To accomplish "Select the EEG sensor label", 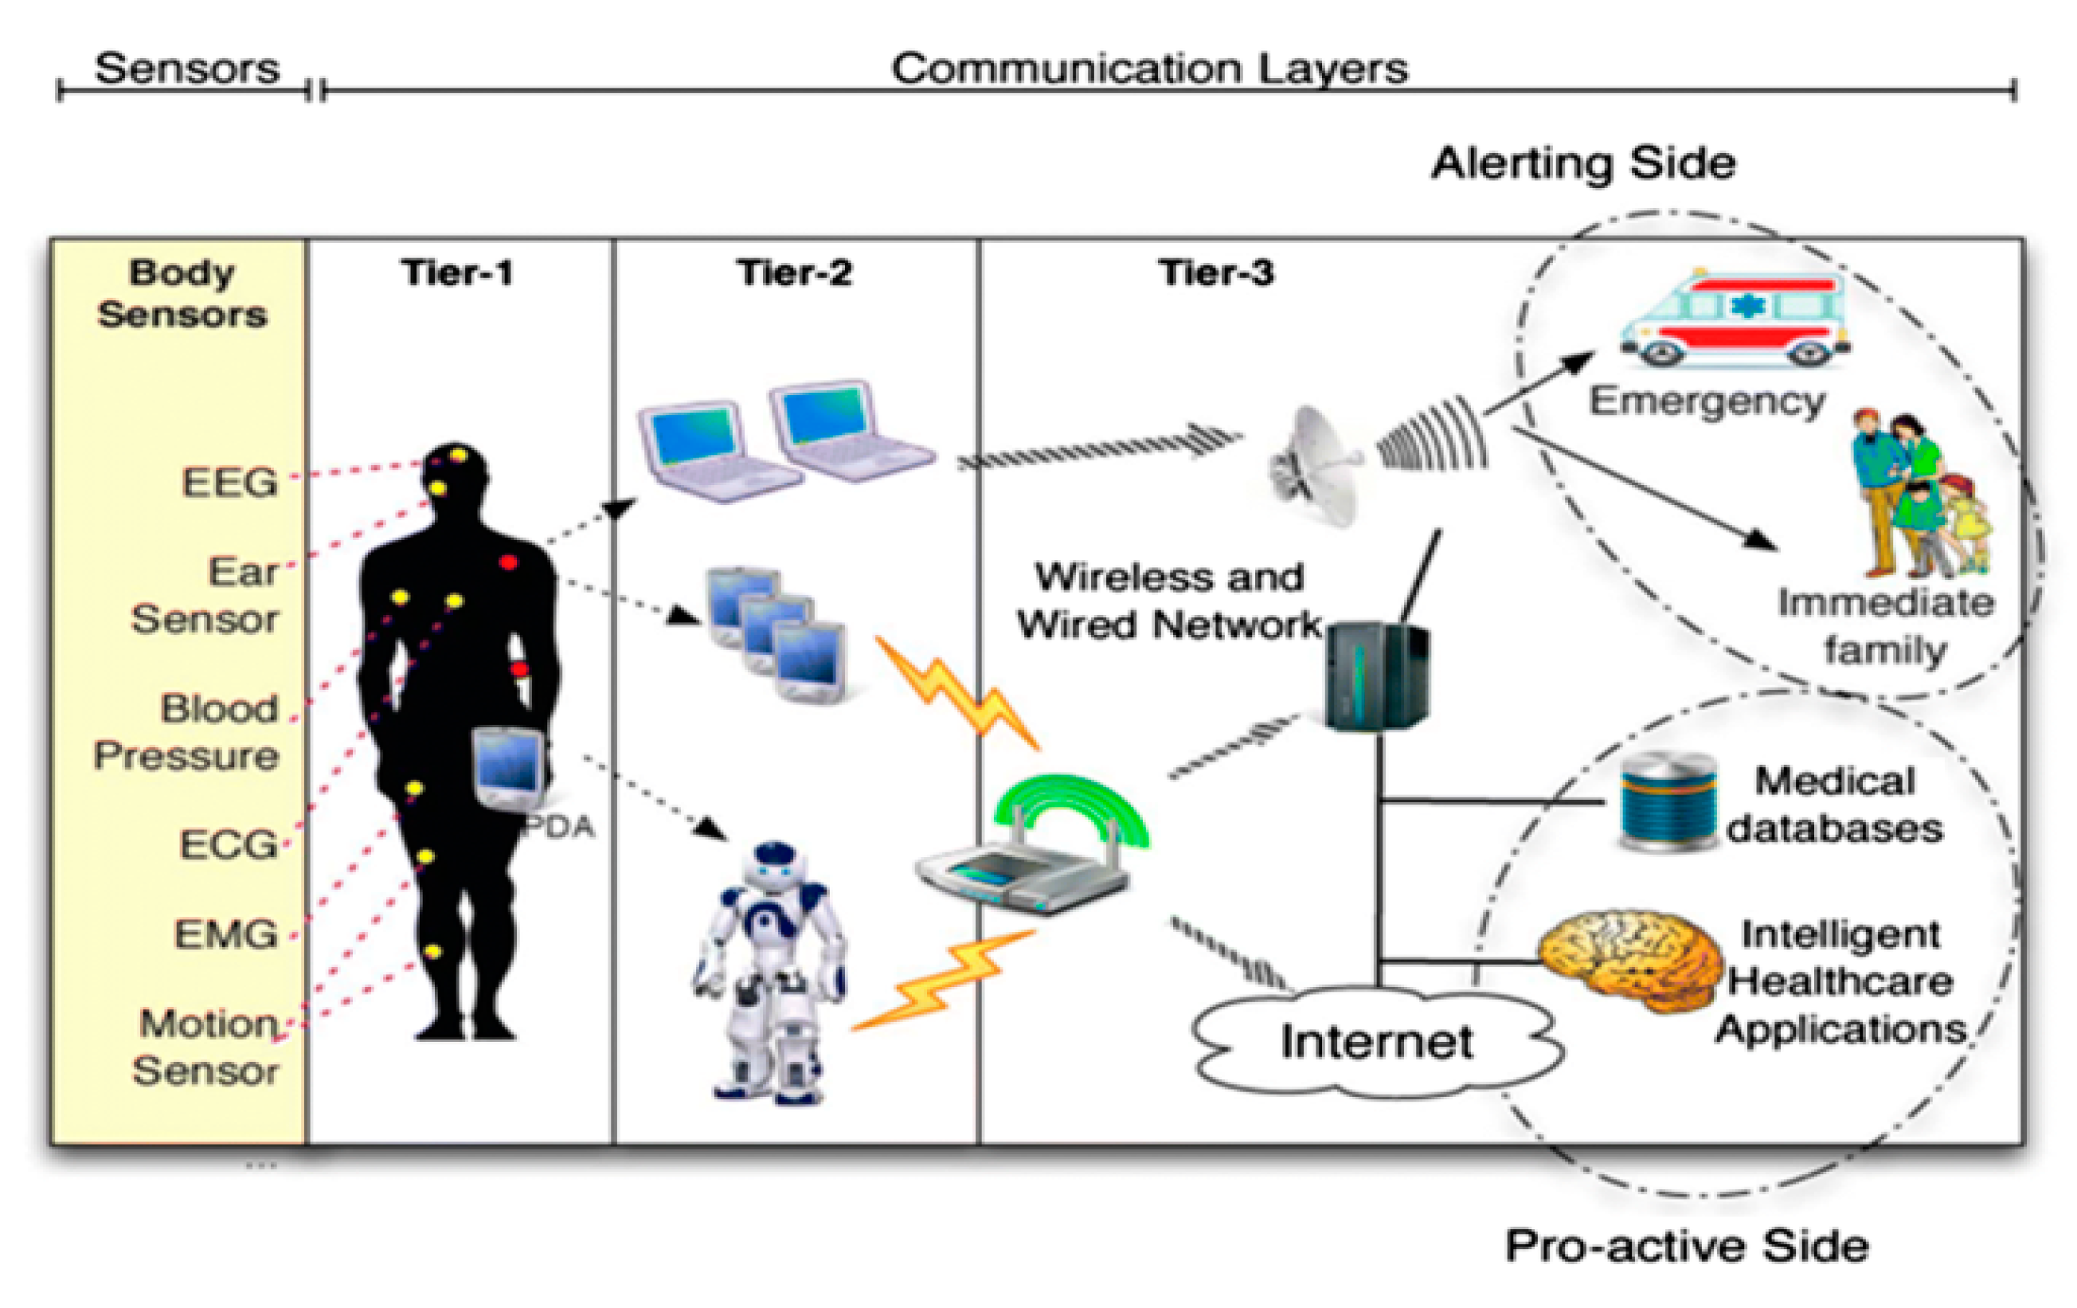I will click(x=229, y=481).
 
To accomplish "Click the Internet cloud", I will click(x=1375, y=1041).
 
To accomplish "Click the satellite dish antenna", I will click(x=1316, y=466).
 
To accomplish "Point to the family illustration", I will click(x=1919, y=496).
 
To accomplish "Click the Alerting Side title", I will click(x=1582, y=163).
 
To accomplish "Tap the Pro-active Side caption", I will click(x=1686, y=1245).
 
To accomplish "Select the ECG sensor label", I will click(x=228, y=844).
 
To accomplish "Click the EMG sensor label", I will click(x=226, y=934).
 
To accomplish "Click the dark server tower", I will click(x=1375, y=677).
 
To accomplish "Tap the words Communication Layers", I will click(x=1149, y=69).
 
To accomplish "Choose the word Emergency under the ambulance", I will click(x=1707, y=401).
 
